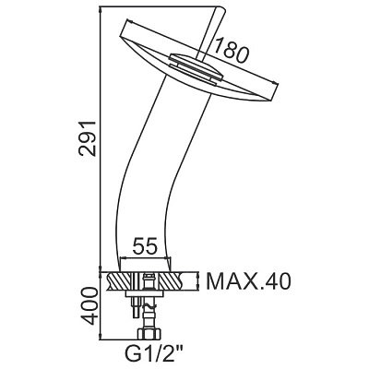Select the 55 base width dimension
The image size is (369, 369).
tap(145, 245)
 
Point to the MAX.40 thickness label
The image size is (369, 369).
tap(248, 281)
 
